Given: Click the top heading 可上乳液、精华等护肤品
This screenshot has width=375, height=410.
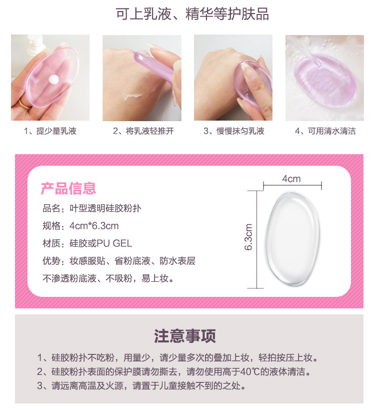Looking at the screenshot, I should coord(192,14).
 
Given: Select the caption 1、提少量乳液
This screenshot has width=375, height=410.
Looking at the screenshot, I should coord(50,132).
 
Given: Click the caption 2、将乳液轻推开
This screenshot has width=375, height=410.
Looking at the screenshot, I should coord(142,132).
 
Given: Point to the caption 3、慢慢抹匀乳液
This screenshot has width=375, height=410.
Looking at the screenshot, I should coord(233,132).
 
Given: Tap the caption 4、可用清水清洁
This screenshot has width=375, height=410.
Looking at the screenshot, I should coord(325,132).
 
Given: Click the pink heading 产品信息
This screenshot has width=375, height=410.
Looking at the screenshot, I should coord(68,189).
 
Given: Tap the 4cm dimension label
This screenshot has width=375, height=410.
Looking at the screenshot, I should coord(291,179).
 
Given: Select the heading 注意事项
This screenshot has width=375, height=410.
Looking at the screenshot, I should coord(185,336).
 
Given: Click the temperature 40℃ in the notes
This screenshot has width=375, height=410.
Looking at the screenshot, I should coord(231,372).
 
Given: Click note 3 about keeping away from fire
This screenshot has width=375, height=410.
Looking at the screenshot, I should coord(141,386).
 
